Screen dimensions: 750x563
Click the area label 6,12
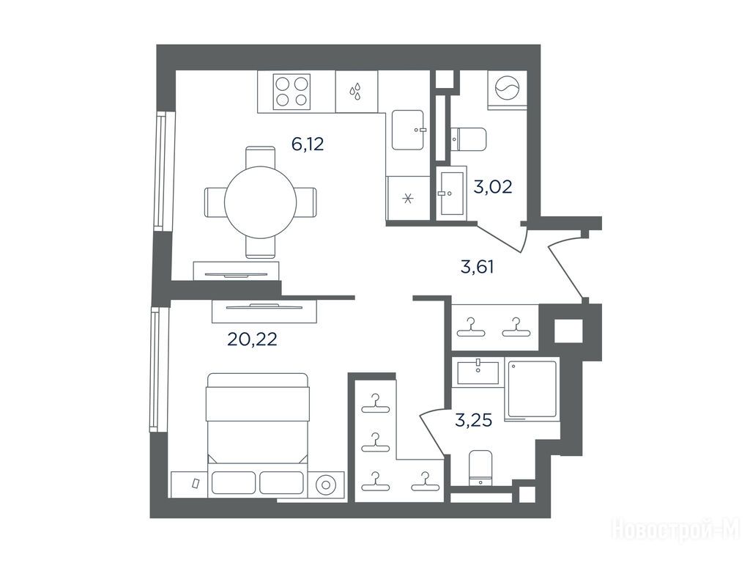308,144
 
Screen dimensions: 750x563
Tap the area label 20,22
252,339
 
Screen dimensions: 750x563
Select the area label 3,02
493,187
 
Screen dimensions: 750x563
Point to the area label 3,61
477,267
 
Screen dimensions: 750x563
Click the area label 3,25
474,421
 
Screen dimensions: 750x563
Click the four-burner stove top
292,91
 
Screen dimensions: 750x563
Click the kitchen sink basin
408,130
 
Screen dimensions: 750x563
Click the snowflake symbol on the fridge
408,199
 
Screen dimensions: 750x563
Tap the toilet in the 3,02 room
468,139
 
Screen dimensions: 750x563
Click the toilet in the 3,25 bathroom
480,468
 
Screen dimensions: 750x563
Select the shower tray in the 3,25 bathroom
532,389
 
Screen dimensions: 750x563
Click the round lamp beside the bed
326,485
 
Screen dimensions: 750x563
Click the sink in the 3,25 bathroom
478,372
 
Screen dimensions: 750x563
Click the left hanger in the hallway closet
471,328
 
